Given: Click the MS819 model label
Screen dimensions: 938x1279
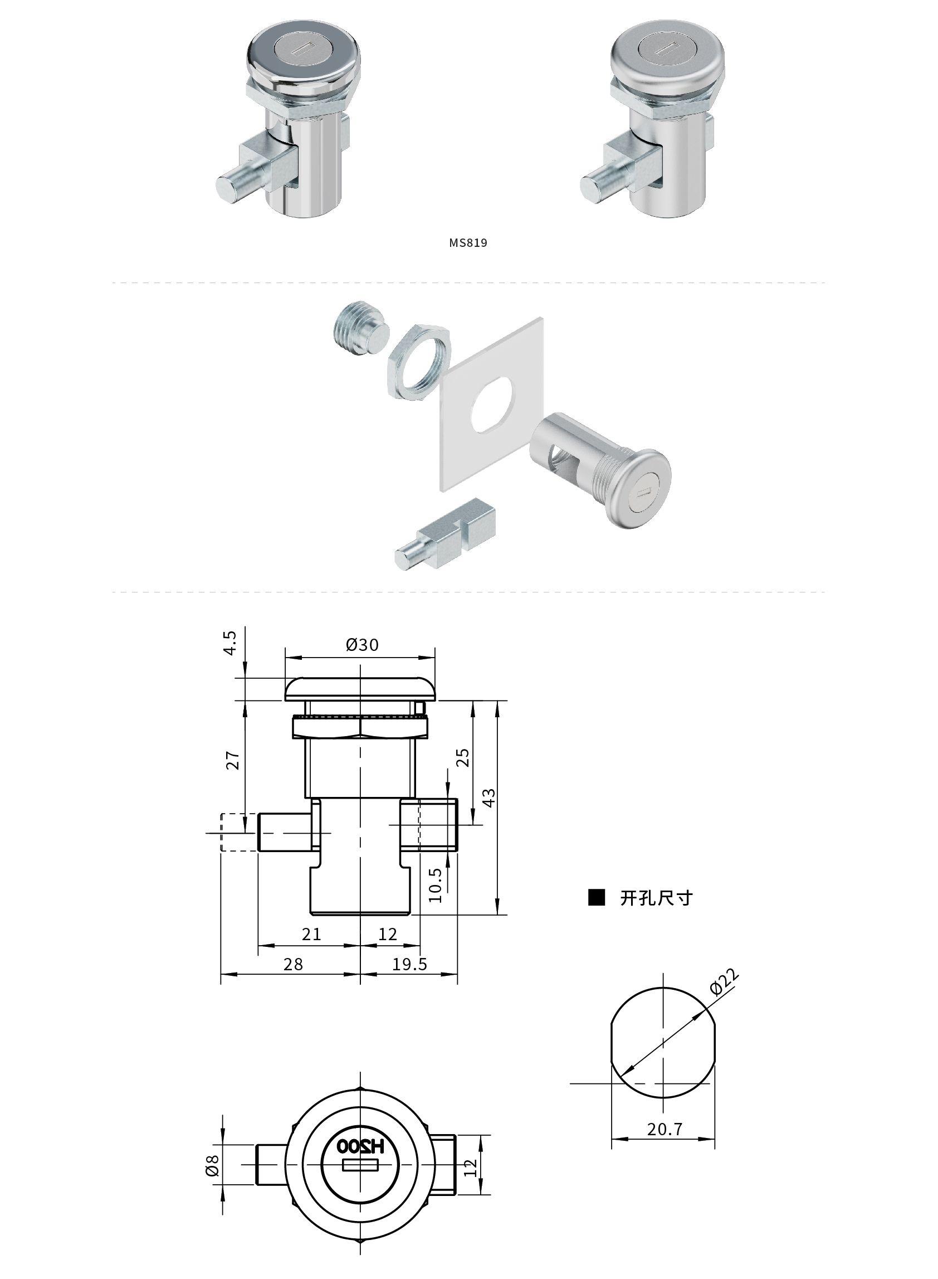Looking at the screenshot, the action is tap(468, 243).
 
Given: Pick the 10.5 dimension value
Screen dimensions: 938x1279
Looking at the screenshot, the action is tap(435, 885).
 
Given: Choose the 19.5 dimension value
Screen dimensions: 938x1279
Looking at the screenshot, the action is tap(410, 964).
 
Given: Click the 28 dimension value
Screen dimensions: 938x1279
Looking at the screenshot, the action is tap(293, 964).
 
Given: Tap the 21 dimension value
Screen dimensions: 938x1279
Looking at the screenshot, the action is tap(311, 933).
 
